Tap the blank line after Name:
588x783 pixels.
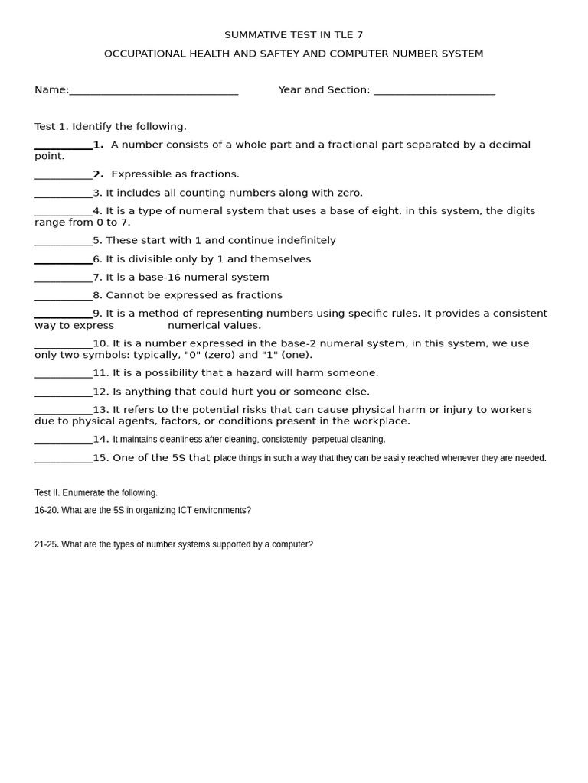pyautogui.click(x=153, y=92)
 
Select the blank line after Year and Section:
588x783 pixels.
pyautogui.click(x=434, y=92)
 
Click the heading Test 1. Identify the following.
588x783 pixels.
pyautogui.click(x=110, y=126)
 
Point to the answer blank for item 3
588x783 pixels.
pyautogui.click(x=64, y=194)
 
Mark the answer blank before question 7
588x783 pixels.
pyautogui.click(x=64, y=279)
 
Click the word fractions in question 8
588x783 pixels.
pyautogui.click(x=258, y=295)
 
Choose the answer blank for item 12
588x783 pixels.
pyautogui.click(x=64, y=393)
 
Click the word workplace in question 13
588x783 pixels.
pyautogui.click(x=382, y=421)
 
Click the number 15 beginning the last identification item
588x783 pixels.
pyautogui.click(x=101, y=458)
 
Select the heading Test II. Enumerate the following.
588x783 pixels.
pyautogui.click(x=96, y=493)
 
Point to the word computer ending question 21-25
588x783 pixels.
pyautogui.click(x=290, y=544)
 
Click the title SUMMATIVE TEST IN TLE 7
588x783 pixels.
pyautogui.click(x=293, y=35)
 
